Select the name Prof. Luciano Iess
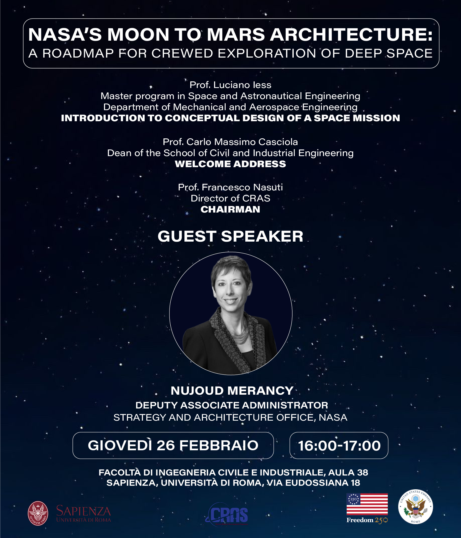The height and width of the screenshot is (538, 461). [x=230, y=85]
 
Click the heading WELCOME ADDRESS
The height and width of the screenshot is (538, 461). [x=230, y=164]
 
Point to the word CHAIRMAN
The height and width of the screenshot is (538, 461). [x=230, y=209]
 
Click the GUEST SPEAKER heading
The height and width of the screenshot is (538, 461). [x=230, y=236]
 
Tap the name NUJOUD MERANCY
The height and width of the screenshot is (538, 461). [x=232, y=390]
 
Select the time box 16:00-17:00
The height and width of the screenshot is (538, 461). [x=339, y=445]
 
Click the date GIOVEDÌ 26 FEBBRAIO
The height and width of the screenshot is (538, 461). [x=173, y=445]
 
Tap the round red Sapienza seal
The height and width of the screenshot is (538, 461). [x=38, y=513]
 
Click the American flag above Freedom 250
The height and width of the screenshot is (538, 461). [x=367, y=504]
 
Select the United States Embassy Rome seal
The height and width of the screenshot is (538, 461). [x=415, y=507]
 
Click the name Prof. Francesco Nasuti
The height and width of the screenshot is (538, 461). [x=230, y=187]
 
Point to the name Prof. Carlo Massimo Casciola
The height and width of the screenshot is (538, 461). [x=230, y=142]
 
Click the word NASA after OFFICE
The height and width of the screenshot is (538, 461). [x=333, y=417]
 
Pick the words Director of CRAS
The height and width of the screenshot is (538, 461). [x=230, y=198]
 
